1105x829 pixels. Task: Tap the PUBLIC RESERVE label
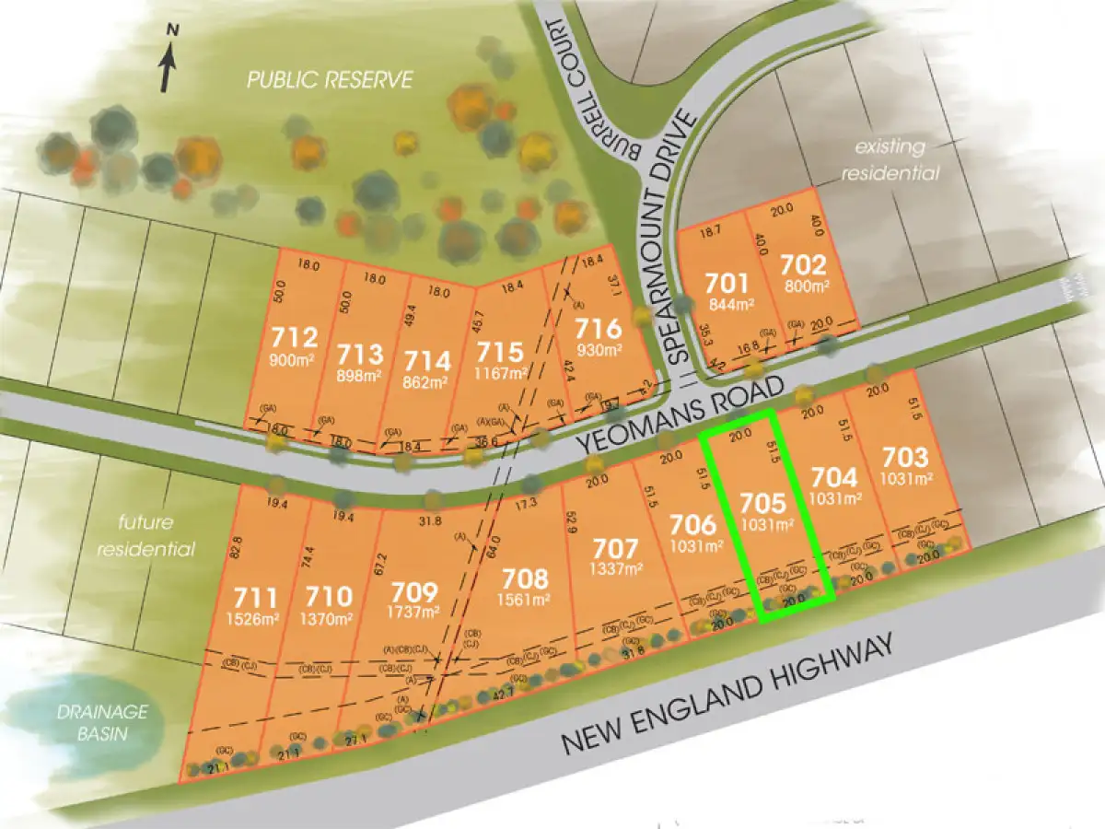coord(330,80)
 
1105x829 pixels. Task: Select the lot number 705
coord(764,504)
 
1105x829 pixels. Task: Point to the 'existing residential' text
coord(896,159)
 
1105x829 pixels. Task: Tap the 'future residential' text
coord(157,536)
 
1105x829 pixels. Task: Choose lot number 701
coord(723,282)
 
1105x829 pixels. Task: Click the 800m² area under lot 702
coord(805,286)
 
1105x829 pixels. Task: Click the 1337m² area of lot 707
coord(615,569)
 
